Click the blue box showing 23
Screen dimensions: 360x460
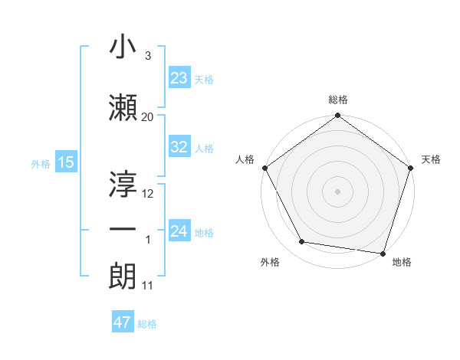[179, 78]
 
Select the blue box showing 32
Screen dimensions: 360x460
[179, 148]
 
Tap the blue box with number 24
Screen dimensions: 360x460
[179, 231]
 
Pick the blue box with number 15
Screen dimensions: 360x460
[65, 163]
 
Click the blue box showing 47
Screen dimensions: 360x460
[123, 322]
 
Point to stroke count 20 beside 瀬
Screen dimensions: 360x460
[148, 116]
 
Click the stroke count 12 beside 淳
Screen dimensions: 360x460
[148, 194]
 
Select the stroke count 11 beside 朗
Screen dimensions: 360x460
[148, 286]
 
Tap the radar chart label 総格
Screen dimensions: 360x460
[337, 100]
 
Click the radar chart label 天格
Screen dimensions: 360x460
[432, 159]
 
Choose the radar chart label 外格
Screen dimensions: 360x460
[270, 263]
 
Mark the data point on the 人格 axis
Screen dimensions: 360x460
[265, 168]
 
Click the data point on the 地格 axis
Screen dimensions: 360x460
[383, 253]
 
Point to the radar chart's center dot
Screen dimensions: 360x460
[337, 191]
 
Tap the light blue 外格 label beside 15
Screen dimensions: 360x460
[41, 164]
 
